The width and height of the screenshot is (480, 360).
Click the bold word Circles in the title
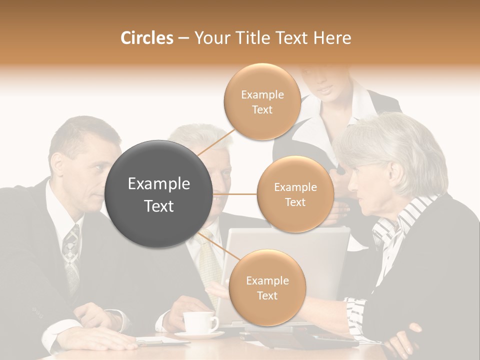pyautogui.click(x=146, y=38)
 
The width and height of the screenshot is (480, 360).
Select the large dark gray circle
pyautogui.click(x=158, y=194)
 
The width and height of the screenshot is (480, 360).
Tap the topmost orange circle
pyautogui.click(x=262, y=101)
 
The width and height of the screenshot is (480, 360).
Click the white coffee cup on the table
pyautogui.click(x=199, y=322)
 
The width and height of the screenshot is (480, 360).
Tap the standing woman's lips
pyautogui.click(x=325, y=89)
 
